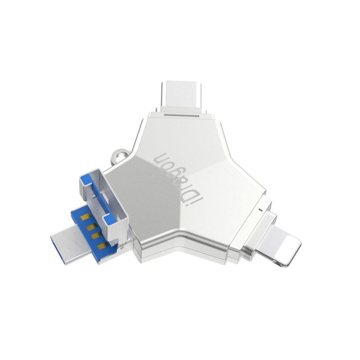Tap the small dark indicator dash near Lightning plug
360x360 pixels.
pyautogui.click(x=260, y=210)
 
